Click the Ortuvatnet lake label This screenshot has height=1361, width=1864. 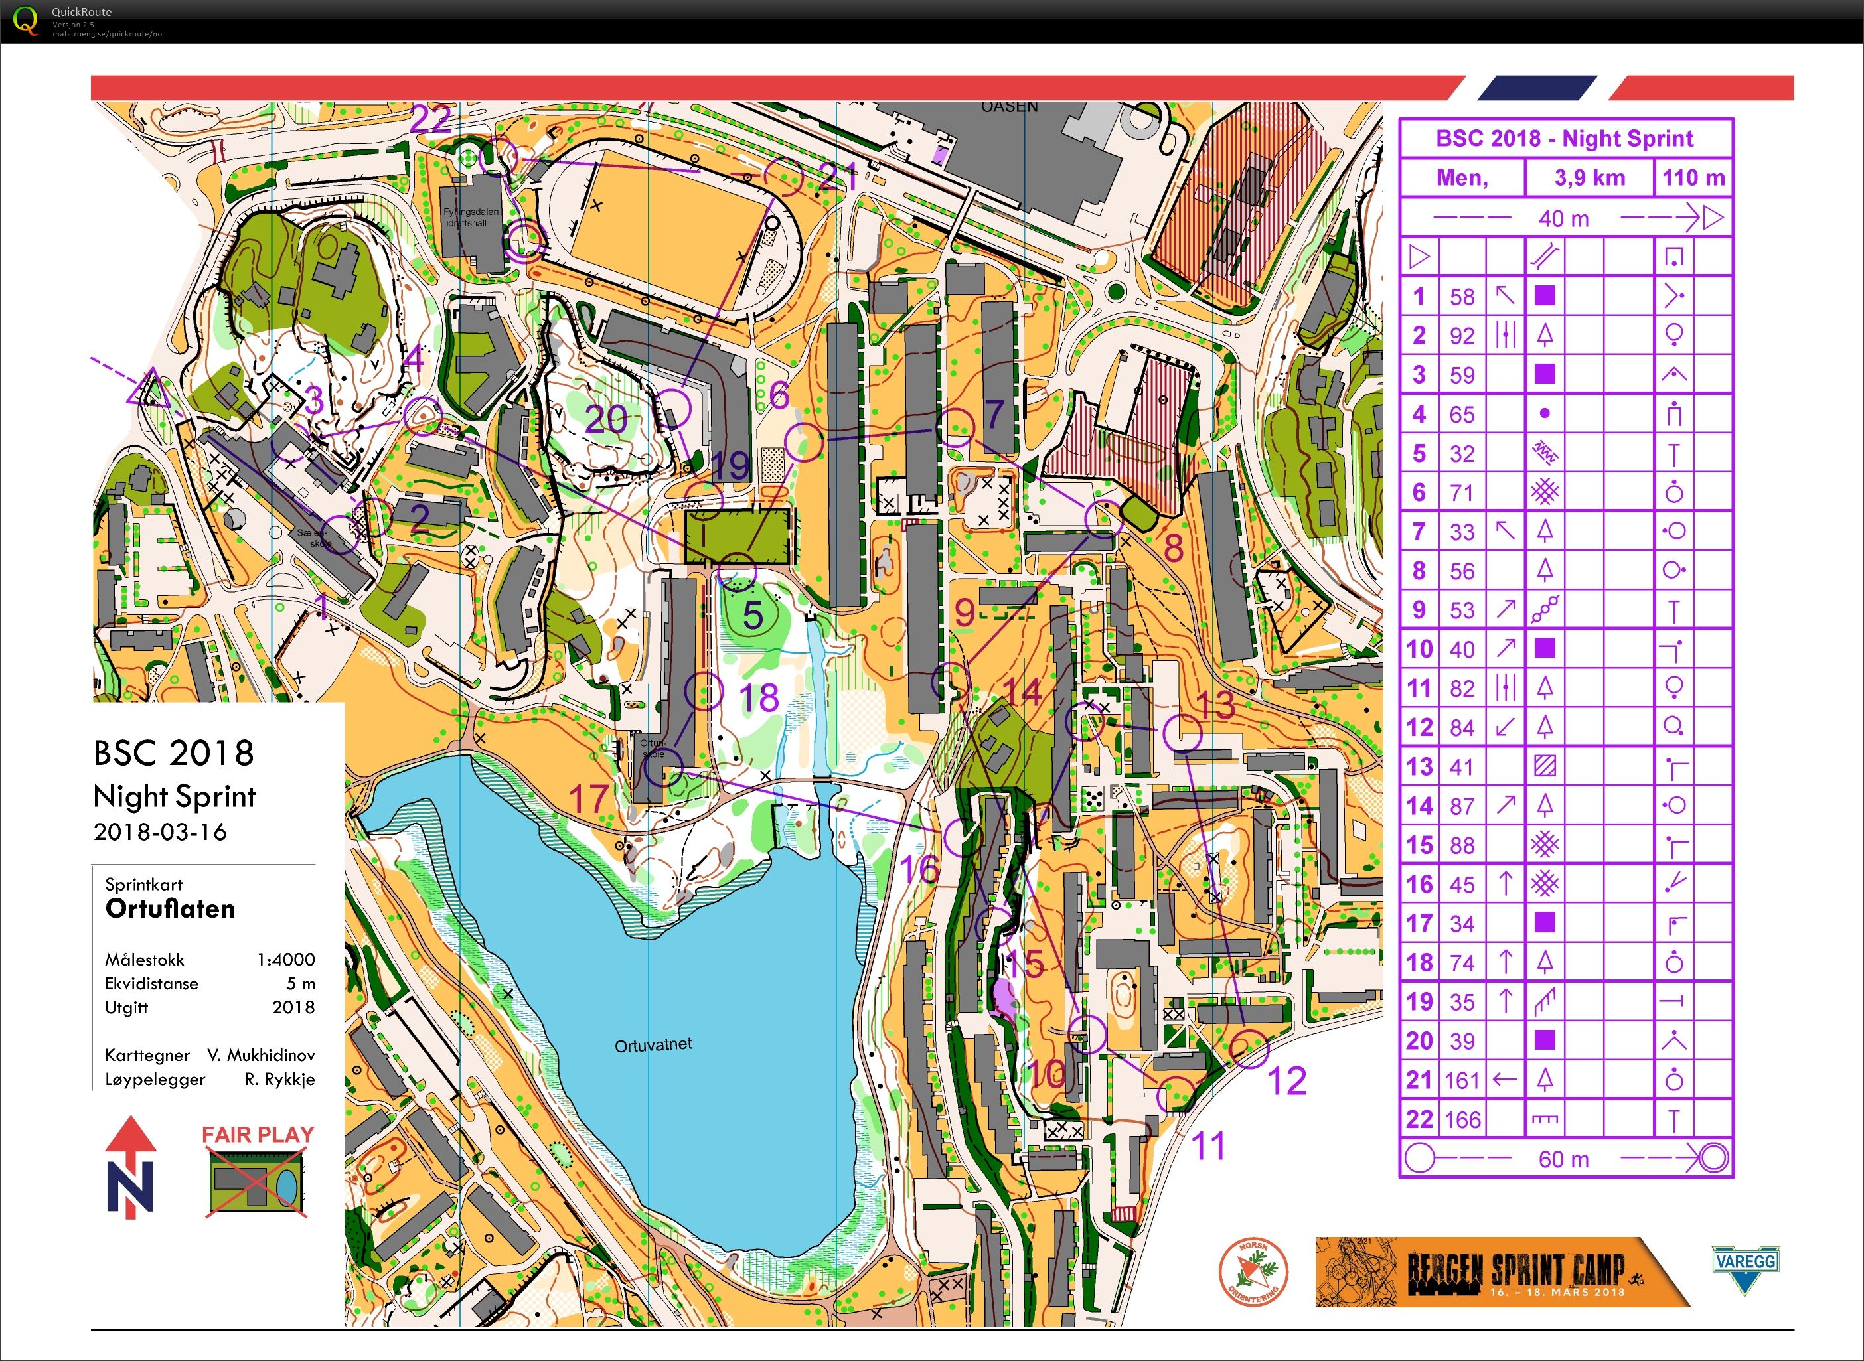coord(653,1044)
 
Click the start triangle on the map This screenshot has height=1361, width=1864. coord(150,390)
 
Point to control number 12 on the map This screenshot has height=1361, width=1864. coord(1286,1080)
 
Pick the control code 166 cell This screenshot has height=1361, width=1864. coord(1462,1119)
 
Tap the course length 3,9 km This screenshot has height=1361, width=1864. coord(1589,178)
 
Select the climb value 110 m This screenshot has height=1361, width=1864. coord(1693,178)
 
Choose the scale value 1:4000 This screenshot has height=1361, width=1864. coord(285,959)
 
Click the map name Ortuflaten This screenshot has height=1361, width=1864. coord(171,908)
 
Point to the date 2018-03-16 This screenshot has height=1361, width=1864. coord(160,831)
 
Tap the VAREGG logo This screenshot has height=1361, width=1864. coord(1744,1269)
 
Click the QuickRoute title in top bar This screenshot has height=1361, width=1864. coord(82,11)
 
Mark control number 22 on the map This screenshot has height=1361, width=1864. coord(430,120)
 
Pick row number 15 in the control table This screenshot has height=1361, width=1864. coord(1419,845)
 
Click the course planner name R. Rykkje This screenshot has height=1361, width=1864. coord(279,1079)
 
